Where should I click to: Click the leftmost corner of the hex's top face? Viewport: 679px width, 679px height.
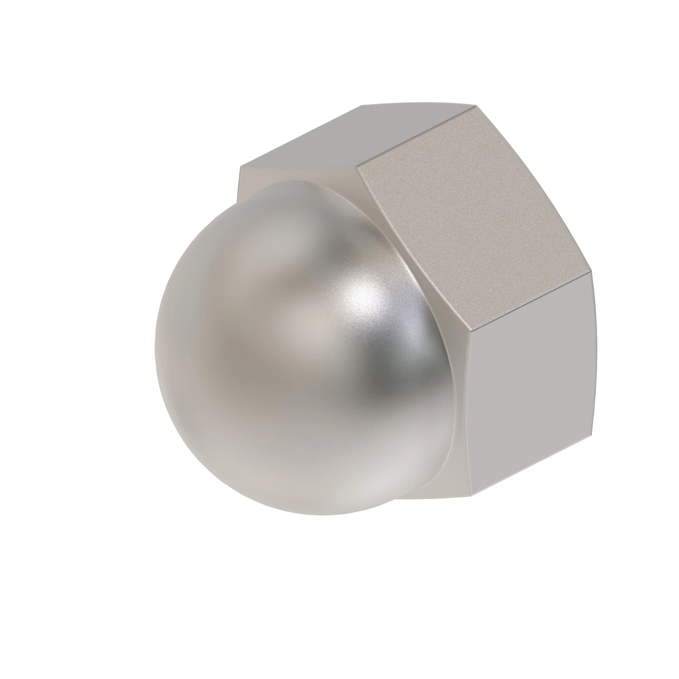pyautogui.click(x=240, y=167)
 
